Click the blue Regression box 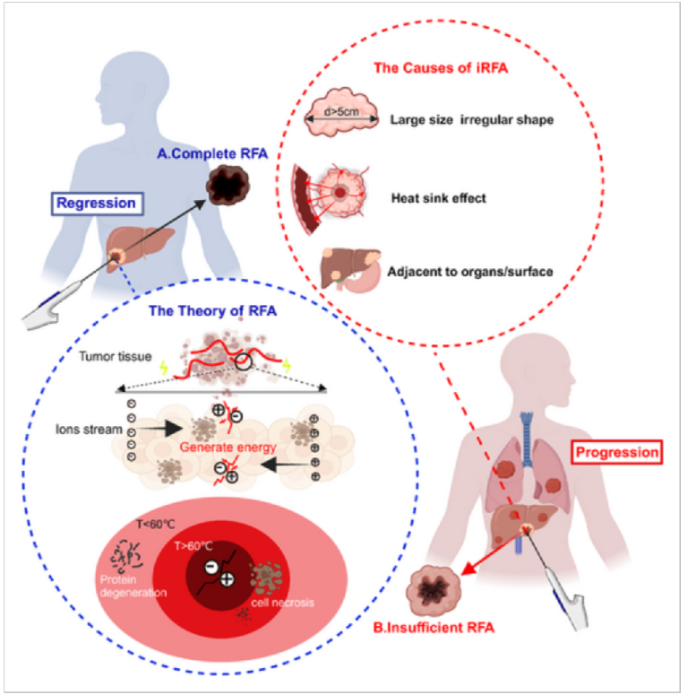point(98,204)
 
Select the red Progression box point(616,452)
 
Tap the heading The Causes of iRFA point(441,68)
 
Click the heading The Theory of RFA point(212,310)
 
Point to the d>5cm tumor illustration point(341,112)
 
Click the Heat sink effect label point(438,198)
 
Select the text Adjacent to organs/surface point(470,271)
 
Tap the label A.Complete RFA point(212,154)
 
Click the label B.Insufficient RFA point(434,628)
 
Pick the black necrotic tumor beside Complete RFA point(228,185)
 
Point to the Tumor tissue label point(115,356)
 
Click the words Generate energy point(228,447)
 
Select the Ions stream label point(89,430)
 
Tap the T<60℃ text point(156,525)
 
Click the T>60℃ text point(193,546)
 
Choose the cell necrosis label point(282,603)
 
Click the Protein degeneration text point(133,586)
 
